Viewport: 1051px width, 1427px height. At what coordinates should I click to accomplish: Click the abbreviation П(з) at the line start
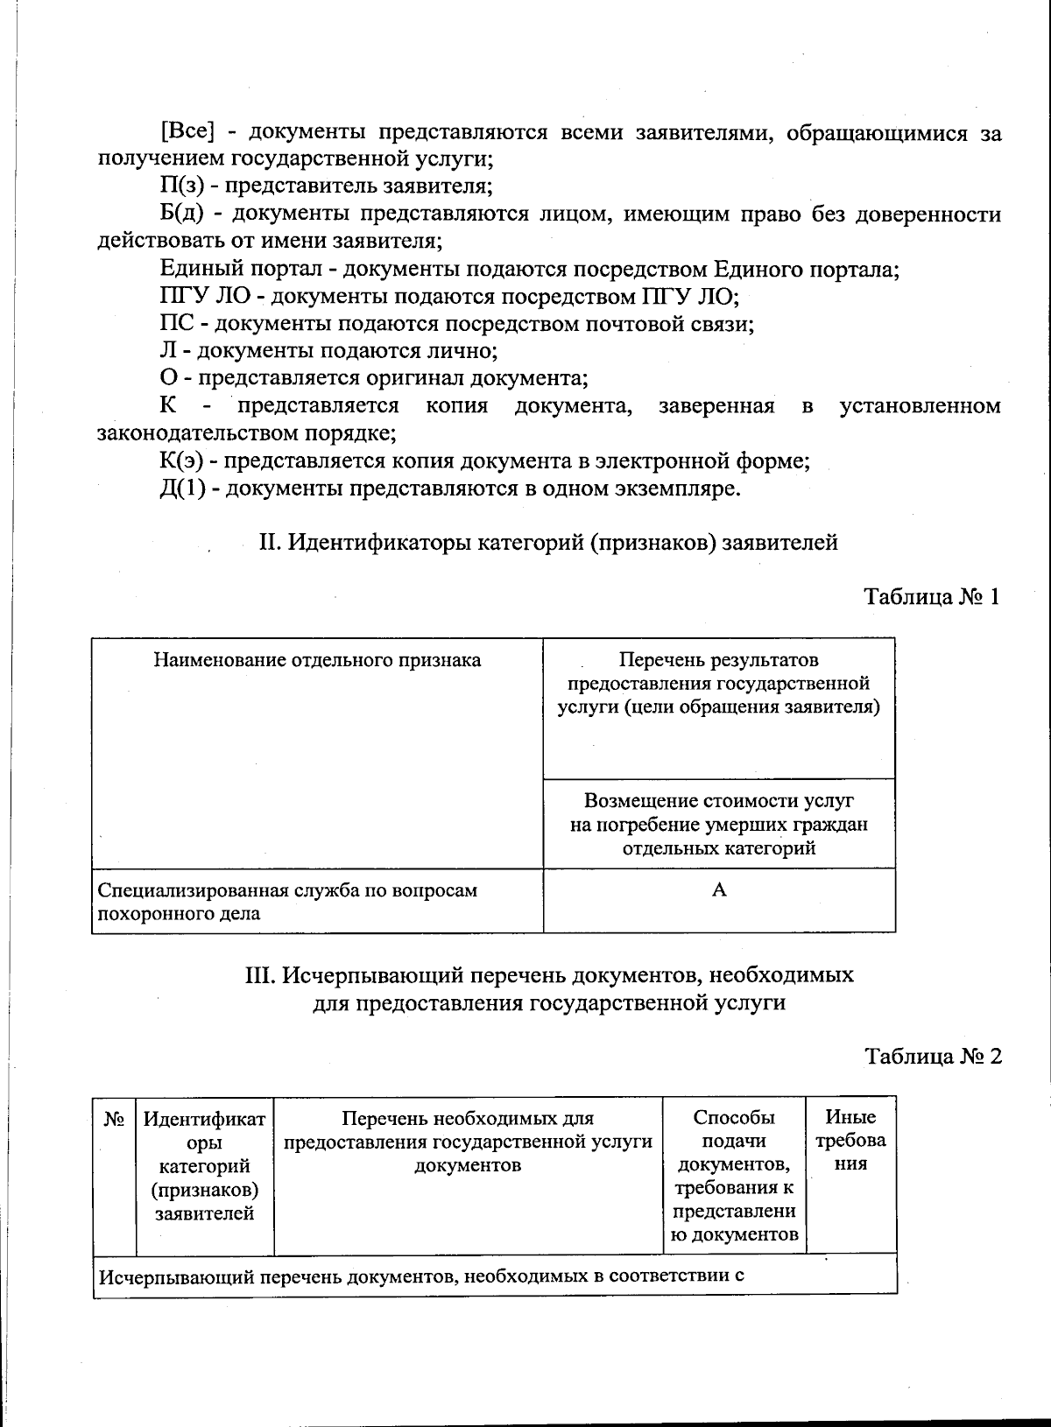pyautogui.click(x=181, y=186)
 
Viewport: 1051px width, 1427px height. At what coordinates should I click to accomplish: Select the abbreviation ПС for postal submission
pyautogui.click(x=173, y=324)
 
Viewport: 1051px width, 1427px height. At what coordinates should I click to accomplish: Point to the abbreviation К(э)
pyautogui.click(x=182, y=460)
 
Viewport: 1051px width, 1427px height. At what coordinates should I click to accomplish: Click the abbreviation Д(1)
pyautogui.click(x=183, y=488)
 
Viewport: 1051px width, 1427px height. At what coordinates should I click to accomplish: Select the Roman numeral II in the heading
pyautogui.click(x=268, y=543)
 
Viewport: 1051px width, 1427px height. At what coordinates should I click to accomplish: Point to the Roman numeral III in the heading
pyautogui.click(x=260, y=975)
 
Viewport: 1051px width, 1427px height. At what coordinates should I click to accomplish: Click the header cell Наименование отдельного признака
pyautogui.click(x=317, y=661)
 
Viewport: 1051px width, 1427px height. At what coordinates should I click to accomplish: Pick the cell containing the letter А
pyautogui.click(x=719, y=891)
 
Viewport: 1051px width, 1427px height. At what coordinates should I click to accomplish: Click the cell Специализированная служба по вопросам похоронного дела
pyautogui.click(x=289, y=902)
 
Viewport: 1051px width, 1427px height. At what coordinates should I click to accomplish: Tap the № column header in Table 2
pyautogui.click(x=114, y=1120)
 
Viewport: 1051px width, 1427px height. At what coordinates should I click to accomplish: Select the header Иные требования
pyautogui.click(x=850, y=1141)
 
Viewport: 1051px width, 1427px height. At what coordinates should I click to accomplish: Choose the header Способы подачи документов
pyautogui.click(x=734, y=1175)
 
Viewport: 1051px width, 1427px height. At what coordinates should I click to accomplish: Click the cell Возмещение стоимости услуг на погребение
pyautogui.click(x=718, y=825)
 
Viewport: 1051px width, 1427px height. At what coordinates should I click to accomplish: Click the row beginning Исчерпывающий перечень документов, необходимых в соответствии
pyautogui.click(x=420, y=1276)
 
